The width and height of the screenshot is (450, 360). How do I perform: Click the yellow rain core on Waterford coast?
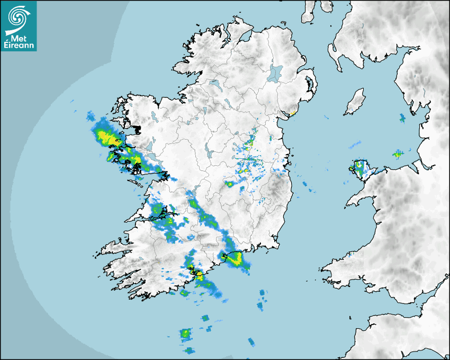235,258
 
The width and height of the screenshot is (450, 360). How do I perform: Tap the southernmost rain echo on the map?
189,350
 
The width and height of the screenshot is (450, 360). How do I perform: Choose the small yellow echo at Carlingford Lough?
292,113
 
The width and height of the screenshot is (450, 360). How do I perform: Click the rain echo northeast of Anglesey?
397,154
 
